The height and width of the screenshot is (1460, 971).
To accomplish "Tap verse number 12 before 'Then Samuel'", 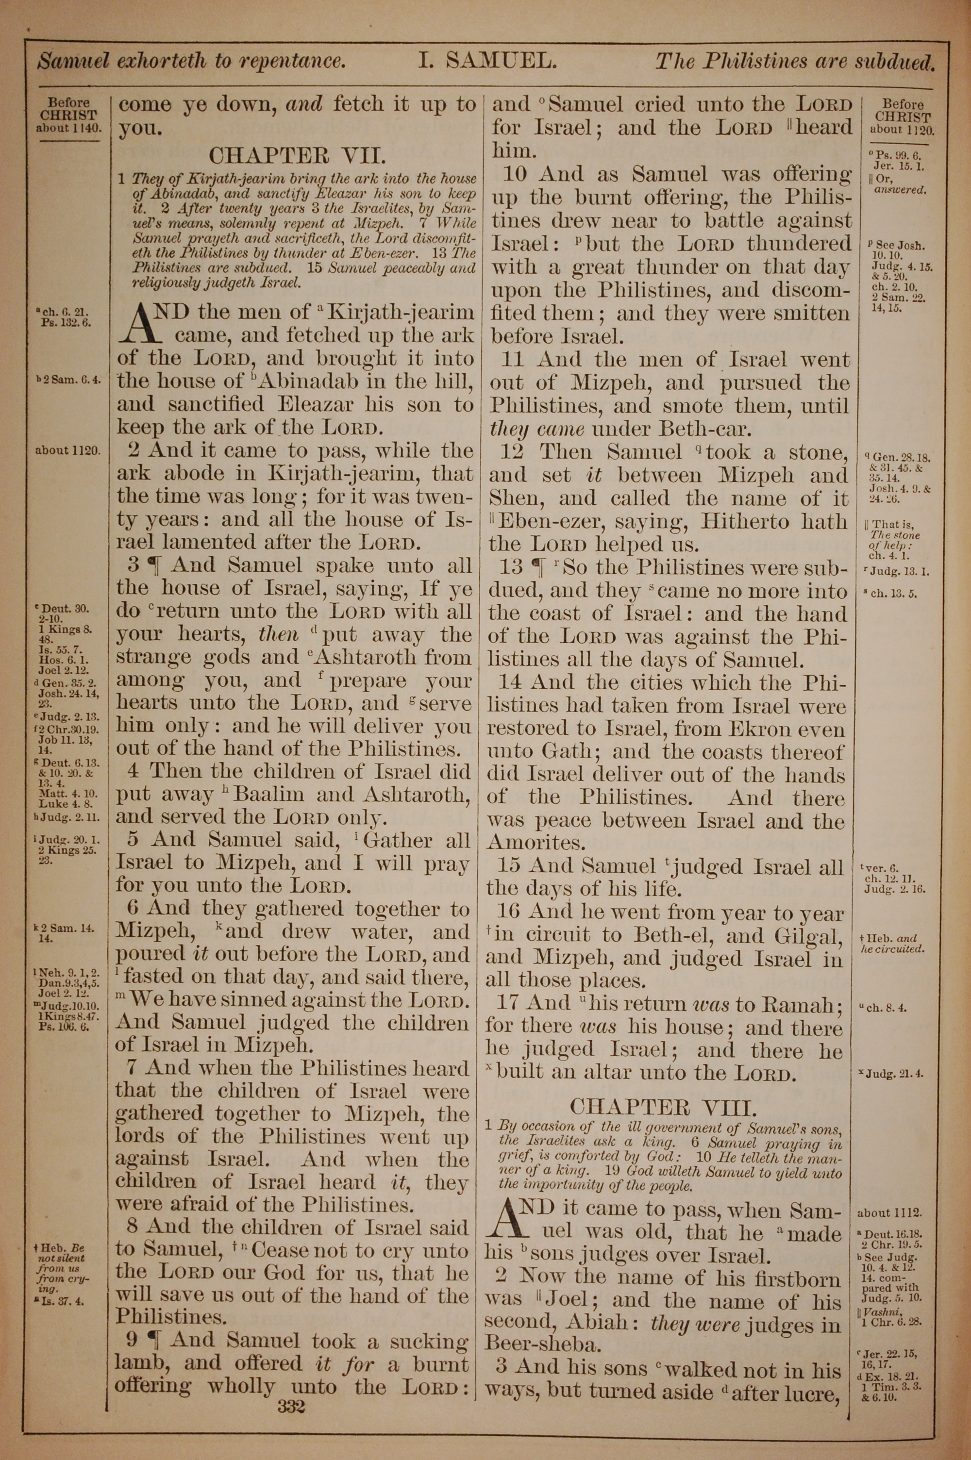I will (x=512, y=452).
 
